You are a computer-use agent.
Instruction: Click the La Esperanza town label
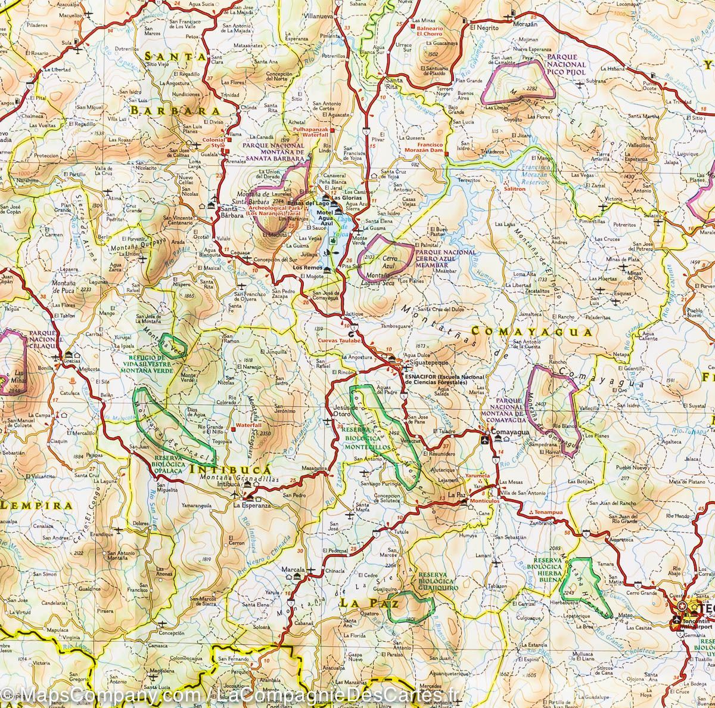click(251, 505)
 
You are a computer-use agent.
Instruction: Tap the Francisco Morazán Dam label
click(422, 148)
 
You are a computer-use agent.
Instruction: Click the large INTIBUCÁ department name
click(230, 469)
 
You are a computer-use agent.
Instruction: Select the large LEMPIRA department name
click(37, 505)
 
